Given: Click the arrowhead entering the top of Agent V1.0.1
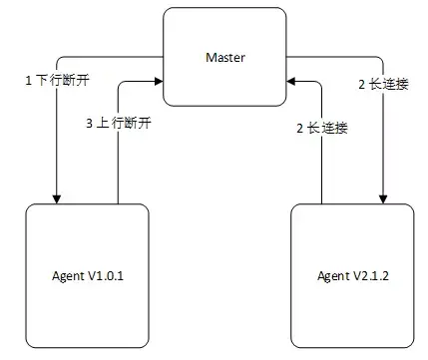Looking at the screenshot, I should pyautogui.click(x=57, y=196).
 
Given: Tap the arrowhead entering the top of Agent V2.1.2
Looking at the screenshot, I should pyautogui.click(x=382, y=196).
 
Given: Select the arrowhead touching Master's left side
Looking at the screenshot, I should pyautogui.click(x=160, y=83).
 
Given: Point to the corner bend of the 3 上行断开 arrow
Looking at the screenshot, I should pyautogui.click(x=119, y=83).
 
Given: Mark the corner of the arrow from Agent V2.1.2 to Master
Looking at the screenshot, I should pyautogui.click(x=322, y=83).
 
